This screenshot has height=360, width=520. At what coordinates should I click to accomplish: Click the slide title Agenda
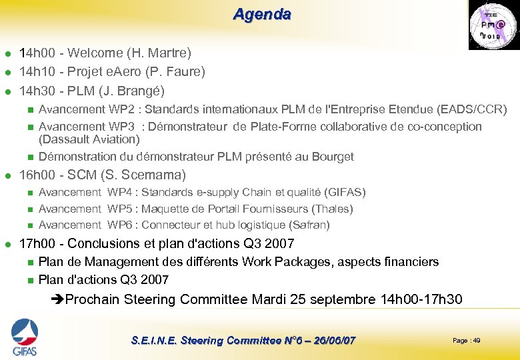click(261, 14)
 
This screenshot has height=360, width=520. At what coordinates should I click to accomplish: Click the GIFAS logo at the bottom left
click(24, 337)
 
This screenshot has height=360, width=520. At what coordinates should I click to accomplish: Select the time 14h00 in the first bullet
click(36, 52)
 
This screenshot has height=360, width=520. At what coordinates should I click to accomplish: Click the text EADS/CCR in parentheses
click(480, 109)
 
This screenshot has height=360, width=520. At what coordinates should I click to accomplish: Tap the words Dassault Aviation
click(89, 139)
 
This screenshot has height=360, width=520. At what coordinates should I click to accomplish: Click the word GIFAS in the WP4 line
click(344, 192)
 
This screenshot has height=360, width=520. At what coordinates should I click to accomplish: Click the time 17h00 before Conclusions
click(36, 243)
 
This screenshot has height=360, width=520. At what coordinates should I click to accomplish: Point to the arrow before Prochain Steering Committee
click(57, 299)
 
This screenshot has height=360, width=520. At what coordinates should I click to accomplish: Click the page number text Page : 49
click(466, 341)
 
